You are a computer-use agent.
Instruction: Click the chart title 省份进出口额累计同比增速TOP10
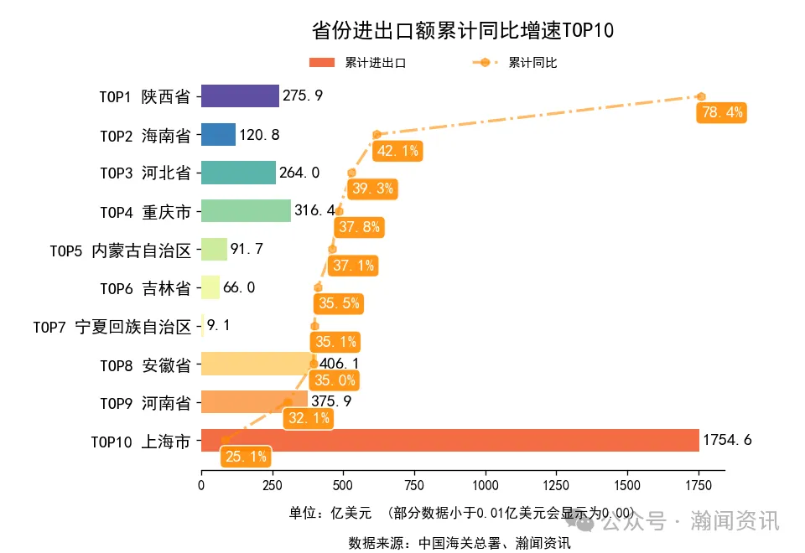[462, 31]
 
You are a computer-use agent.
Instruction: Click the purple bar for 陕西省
[240, 96]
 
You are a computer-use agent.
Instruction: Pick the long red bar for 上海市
[449, 441]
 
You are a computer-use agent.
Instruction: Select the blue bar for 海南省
[218, 134]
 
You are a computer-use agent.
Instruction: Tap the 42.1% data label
[397, 151]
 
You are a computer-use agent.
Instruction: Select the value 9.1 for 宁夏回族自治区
[220, 326]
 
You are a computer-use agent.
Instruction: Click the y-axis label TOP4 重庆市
[145, 211]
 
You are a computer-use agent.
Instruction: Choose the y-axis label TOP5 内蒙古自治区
[120, 250]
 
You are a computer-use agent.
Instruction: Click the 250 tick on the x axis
[272, 486]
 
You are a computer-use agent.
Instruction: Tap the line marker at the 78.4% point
[701, 96]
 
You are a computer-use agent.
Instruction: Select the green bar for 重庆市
[246, 210]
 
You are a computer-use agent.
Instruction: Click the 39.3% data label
[372, 189]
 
